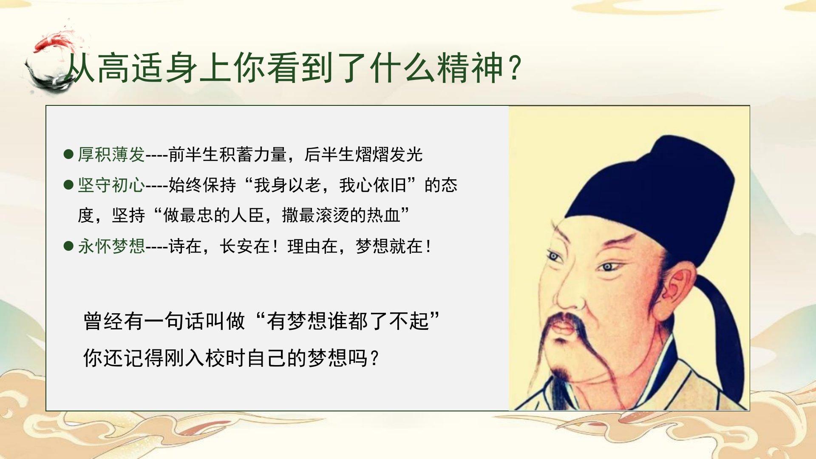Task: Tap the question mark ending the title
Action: [515, 68]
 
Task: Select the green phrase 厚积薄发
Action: [111, 154]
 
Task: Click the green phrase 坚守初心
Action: [111, 185]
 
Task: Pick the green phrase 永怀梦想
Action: [111, 246]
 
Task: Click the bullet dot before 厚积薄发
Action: [68, 154]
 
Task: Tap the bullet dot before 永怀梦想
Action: [68, 246]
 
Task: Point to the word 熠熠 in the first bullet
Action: [372, 154]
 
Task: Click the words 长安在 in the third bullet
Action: [245, 246]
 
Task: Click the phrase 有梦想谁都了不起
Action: [348, 321]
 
